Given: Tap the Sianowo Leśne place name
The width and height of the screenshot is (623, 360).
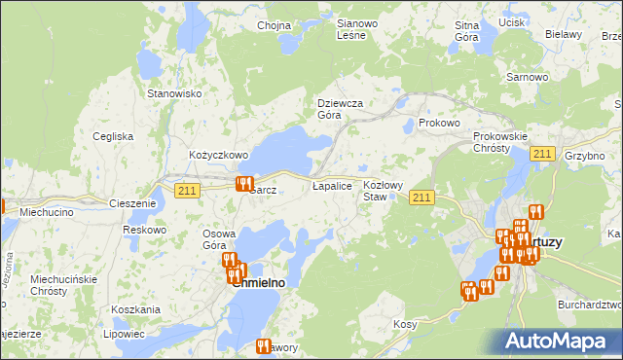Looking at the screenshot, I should [350, 29].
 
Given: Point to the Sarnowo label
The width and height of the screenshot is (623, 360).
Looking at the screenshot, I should [524, 75].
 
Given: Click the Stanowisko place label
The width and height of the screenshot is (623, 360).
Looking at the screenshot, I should [173, 93].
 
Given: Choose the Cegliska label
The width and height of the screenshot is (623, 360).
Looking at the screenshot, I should [113, 136].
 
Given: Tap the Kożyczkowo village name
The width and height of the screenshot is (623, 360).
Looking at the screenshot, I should [219, 155].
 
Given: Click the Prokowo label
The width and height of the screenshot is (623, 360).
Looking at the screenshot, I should [438, 124].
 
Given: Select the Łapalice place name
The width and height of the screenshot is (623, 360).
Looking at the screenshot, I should [331, 184].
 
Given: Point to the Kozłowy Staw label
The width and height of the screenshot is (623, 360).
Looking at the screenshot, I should [382, 190].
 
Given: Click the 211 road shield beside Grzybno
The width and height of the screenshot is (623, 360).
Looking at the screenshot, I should [543, 155].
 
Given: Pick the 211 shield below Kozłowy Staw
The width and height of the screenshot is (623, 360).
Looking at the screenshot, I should [421, 198].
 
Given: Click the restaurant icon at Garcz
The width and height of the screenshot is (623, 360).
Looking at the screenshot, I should [244, 184].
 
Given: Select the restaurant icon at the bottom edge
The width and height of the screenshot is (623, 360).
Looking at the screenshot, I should [262, 345].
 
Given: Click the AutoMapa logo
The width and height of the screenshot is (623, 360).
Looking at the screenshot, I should [562, 342].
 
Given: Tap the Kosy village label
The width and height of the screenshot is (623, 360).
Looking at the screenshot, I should [405, 324].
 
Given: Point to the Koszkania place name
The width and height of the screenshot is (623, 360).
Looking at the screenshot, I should [135, 309].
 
